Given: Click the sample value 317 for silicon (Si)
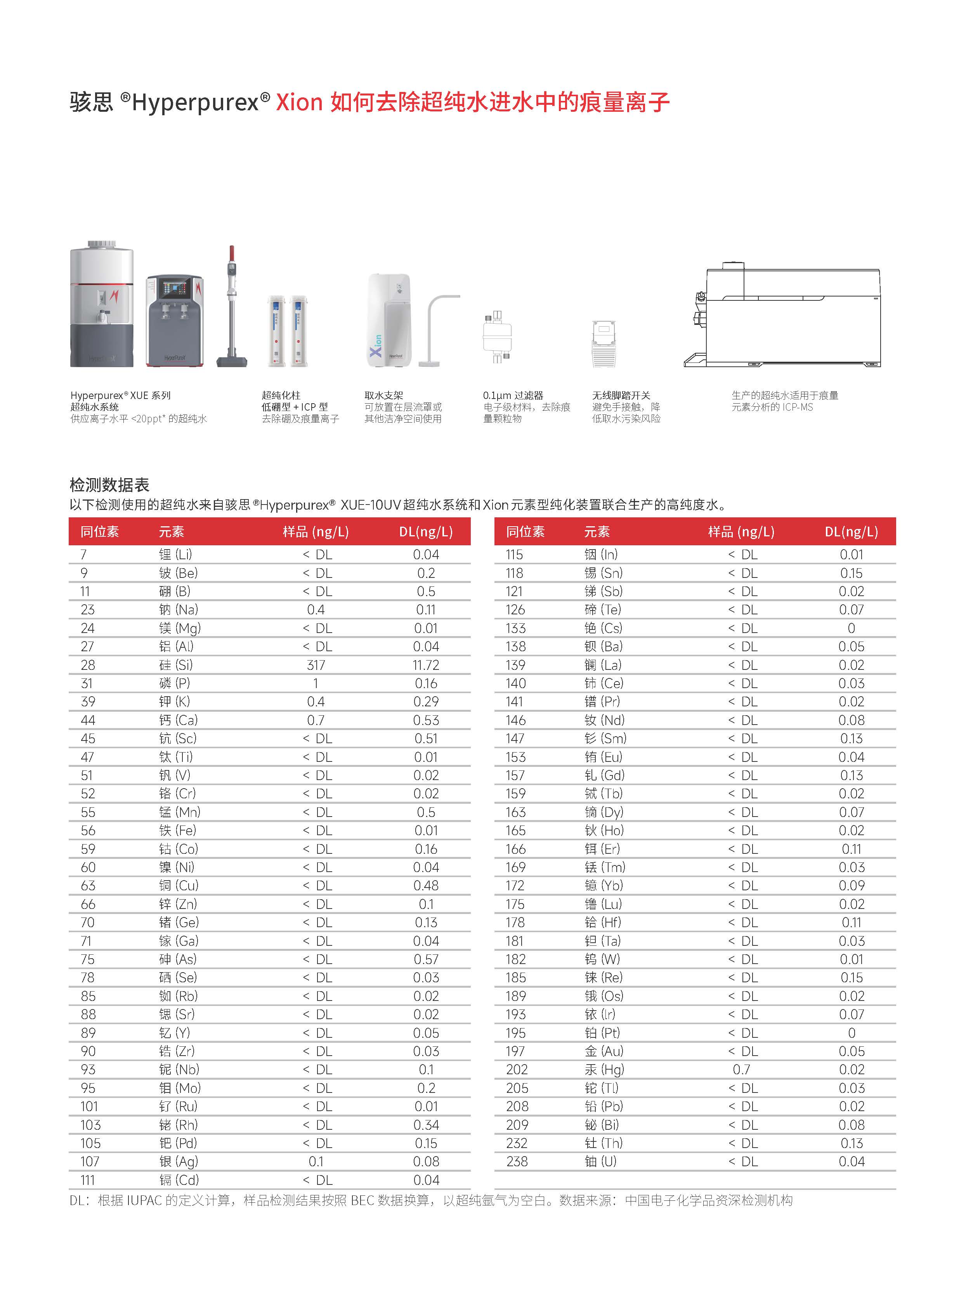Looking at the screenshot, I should point(316,665).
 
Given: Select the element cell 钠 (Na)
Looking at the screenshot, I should point(179,610).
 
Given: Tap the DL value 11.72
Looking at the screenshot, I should point(426,665).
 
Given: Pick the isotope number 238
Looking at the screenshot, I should point(517,1161).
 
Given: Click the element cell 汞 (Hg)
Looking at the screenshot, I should point(604,1070).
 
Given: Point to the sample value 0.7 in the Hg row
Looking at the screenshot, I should point(741,1070).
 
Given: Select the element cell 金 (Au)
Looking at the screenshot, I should point(604,1051).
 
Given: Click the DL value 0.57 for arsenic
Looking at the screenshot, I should point(426,959).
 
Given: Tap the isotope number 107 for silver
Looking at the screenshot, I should point(90,1161).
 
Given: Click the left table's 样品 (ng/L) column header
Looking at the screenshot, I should point(316,532).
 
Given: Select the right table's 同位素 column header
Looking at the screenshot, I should point(525,532).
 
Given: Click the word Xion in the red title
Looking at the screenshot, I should point(299,102).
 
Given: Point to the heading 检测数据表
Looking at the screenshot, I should point(109,485).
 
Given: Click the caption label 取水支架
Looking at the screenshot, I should point(383,395).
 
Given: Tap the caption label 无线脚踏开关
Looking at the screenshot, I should point(621,395).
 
